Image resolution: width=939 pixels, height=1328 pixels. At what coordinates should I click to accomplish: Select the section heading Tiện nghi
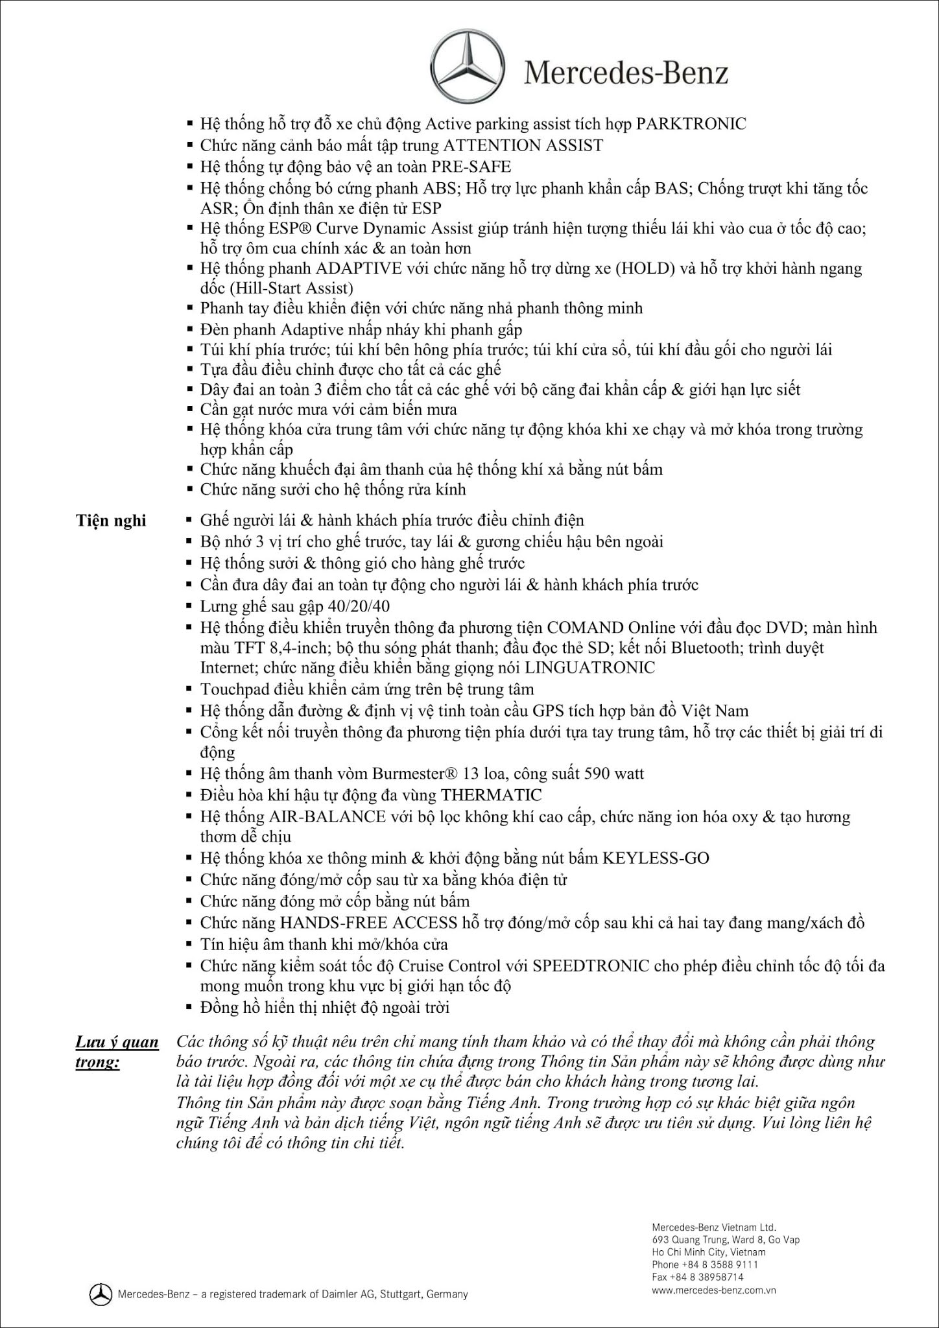[x=111, y=521]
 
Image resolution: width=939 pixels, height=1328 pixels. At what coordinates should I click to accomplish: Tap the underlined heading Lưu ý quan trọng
[x=117, y=1052]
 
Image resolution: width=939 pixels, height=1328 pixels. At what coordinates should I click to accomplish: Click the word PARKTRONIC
[x=691, y=123]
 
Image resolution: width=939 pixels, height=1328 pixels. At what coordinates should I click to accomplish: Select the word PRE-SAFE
[x=472, y=167]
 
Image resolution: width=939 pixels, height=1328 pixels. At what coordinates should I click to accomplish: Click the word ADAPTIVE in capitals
[x=359, y=268]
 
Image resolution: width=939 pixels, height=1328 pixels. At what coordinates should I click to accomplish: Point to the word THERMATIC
[x=491, y=794]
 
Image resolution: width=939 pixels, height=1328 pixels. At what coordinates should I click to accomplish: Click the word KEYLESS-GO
[x=656, y=858]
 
